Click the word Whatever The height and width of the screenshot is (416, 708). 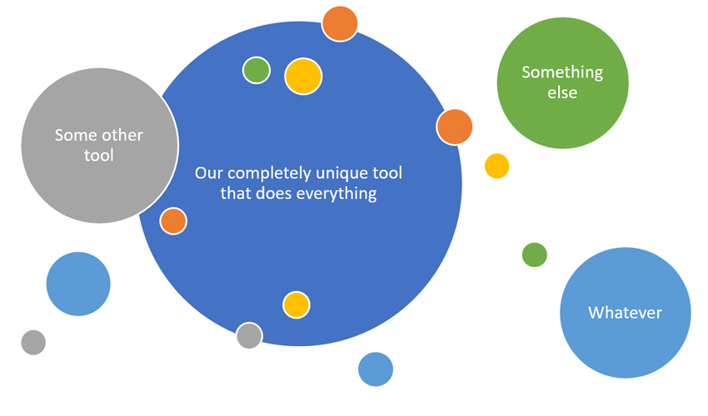[x=625, y=313]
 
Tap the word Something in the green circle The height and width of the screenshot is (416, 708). [x=562, y=73]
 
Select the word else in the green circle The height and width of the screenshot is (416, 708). [x=562, y=92]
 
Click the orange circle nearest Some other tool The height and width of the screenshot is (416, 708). [x=173, y=221]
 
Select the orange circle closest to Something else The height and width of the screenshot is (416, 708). [x=454, y=126]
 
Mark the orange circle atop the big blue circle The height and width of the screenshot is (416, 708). [x=340, y=24]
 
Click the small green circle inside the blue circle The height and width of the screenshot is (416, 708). [x=256, y=71]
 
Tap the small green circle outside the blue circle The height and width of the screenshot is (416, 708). [x=535, y=255]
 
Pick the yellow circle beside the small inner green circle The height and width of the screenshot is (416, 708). [x=303, y=77]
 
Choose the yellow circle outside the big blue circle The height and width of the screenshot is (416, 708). [x=496, y=166]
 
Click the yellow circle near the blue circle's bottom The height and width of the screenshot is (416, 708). [x=297, y=305]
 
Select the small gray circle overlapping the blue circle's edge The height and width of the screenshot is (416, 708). [x=249, y=335]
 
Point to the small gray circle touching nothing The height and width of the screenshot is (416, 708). [x=33, y=343]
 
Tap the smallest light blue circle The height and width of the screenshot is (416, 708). [x=376, y=369]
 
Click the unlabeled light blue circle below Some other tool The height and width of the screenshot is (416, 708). [x=78, y=284]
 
